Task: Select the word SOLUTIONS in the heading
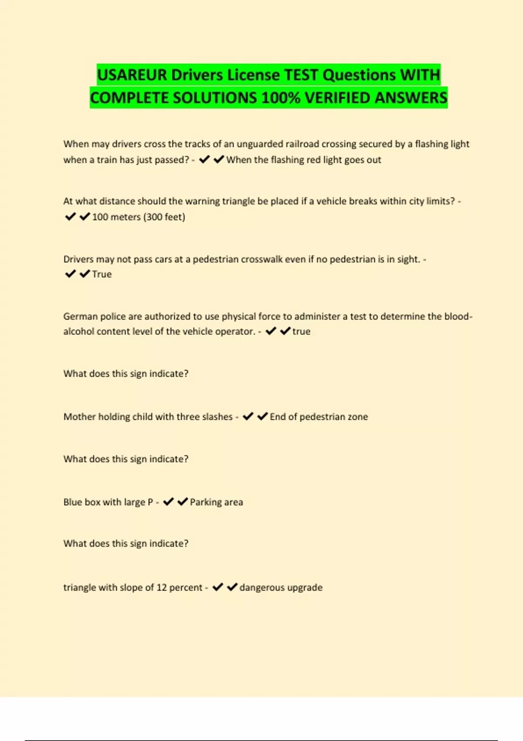[215, 98]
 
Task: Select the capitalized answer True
[102, 274]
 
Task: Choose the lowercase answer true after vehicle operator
[301, 331]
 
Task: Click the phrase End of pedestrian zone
[319, 417]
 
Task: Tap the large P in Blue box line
[150, 502]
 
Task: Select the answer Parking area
[216, 502]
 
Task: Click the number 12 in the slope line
[162, 588]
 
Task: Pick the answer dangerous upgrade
[281, 588]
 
